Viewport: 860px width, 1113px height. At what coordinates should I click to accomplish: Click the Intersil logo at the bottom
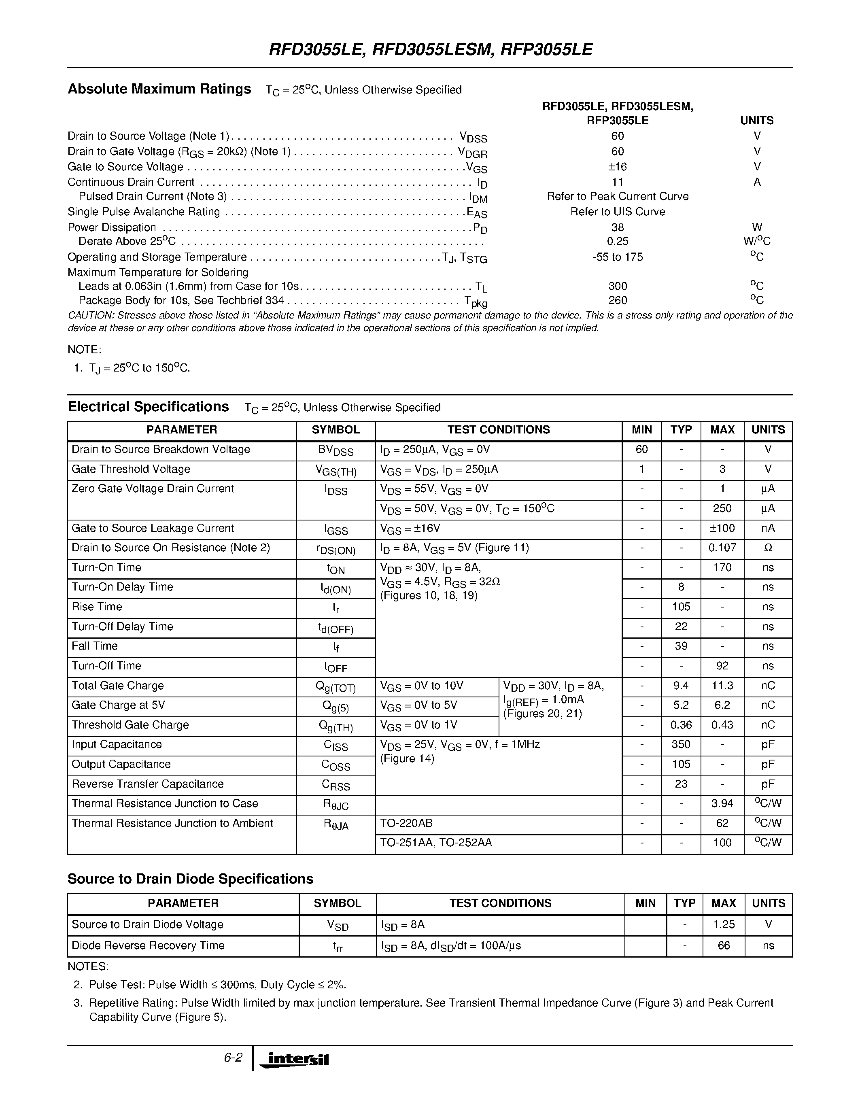pos(295,1059)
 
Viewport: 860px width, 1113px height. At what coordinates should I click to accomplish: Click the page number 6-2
pos(233,1058)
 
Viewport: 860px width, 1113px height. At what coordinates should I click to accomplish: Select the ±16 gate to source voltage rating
pos(617,167)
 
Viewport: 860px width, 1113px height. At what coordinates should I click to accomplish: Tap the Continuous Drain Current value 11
pos(617,182)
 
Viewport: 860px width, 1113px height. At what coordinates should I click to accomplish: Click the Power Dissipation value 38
pos(617,227)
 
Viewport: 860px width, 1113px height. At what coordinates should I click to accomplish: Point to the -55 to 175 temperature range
pos(617,257)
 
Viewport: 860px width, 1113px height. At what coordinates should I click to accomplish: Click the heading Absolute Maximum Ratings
pos(159,89)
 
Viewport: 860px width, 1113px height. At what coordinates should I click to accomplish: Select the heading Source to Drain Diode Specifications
pos(191,879)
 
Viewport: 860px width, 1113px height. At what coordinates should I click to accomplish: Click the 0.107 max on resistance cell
pos(722,548)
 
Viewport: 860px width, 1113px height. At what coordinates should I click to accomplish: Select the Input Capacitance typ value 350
pos(681,745)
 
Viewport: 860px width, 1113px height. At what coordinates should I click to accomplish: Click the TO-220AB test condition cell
pos(406,824)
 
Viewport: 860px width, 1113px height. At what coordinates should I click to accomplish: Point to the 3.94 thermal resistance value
pos(722,804)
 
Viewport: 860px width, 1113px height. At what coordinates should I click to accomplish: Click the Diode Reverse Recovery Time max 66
pos(724,946)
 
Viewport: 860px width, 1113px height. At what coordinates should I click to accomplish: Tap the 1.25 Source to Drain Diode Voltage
pos(724,924)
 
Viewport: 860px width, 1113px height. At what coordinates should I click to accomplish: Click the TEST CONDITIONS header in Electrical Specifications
pos(498,429)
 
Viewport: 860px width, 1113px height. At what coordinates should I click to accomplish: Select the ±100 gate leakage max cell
pos(722,529)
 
